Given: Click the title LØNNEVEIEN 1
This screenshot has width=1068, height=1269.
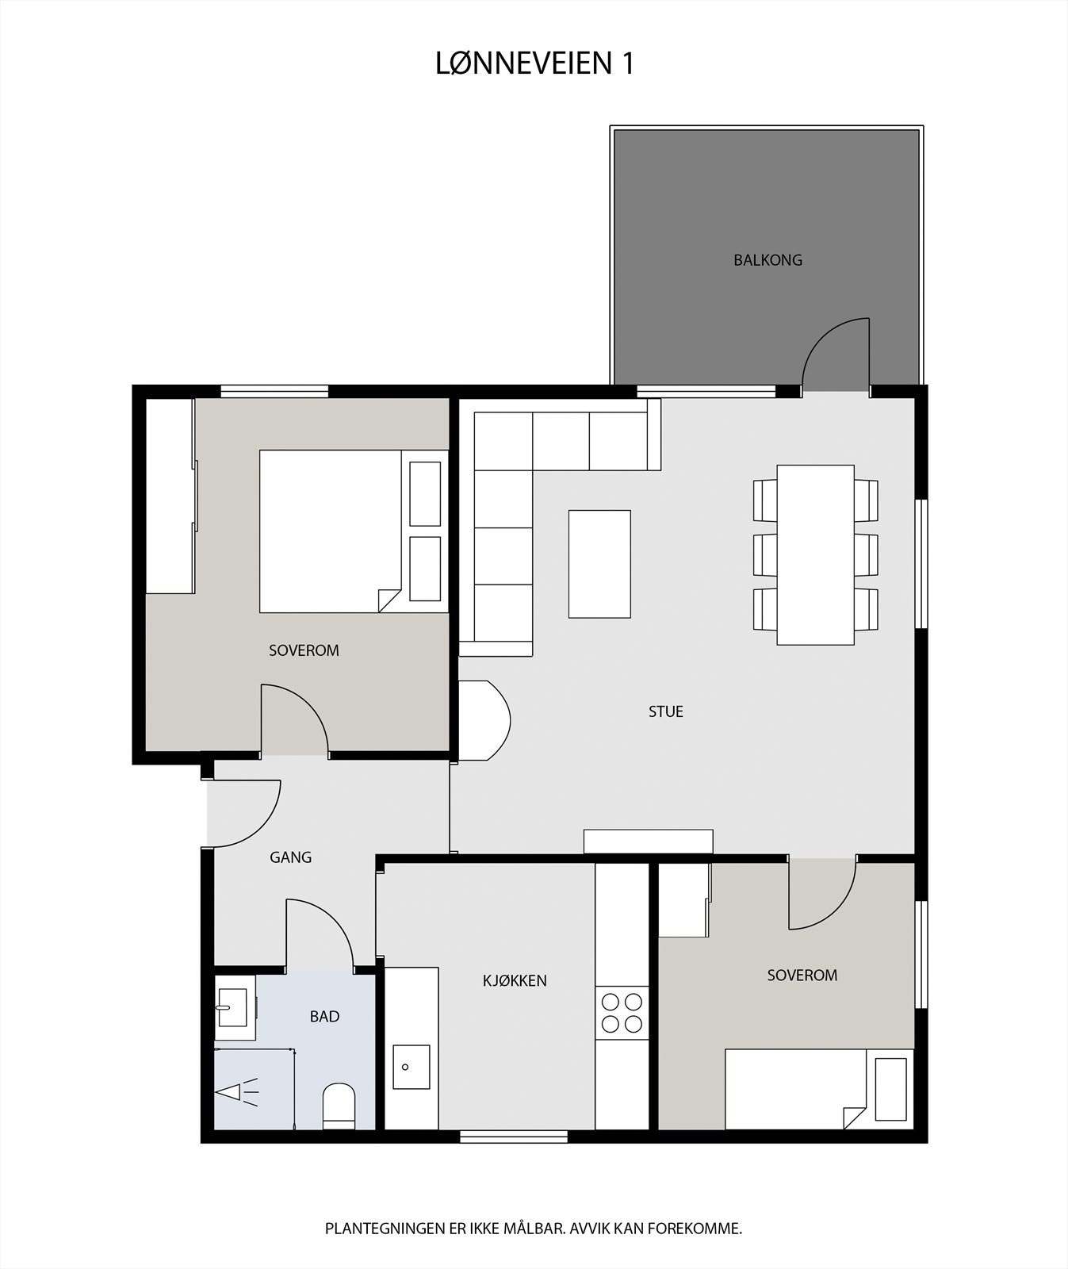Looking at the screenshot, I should click(535, 63).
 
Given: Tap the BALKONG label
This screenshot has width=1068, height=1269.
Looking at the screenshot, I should click(768, 260).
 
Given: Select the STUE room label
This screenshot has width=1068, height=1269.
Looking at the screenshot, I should click(665, 711).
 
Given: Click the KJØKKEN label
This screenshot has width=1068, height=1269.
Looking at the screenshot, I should click(515, 980).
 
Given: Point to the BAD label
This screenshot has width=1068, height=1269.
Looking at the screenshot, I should click(324, 1016).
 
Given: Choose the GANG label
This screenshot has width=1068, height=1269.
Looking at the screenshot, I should click(290, 857).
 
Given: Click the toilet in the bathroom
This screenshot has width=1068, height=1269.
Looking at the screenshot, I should click(339, 1105).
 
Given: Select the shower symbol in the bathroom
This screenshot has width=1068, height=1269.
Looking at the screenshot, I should click(238, 1092).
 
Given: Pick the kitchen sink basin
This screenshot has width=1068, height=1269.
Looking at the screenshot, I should click(411, 1067).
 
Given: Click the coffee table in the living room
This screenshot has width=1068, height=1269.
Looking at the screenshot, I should click(599, 564).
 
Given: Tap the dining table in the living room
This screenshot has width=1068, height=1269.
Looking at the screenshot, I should click(815, 554).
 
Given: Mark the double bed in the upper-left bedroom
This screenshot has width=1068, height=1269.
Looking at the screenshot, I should click(331, 531).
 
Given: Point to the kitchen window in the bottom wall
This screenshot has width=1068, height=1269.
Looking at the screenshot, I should click(514, 1137).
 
